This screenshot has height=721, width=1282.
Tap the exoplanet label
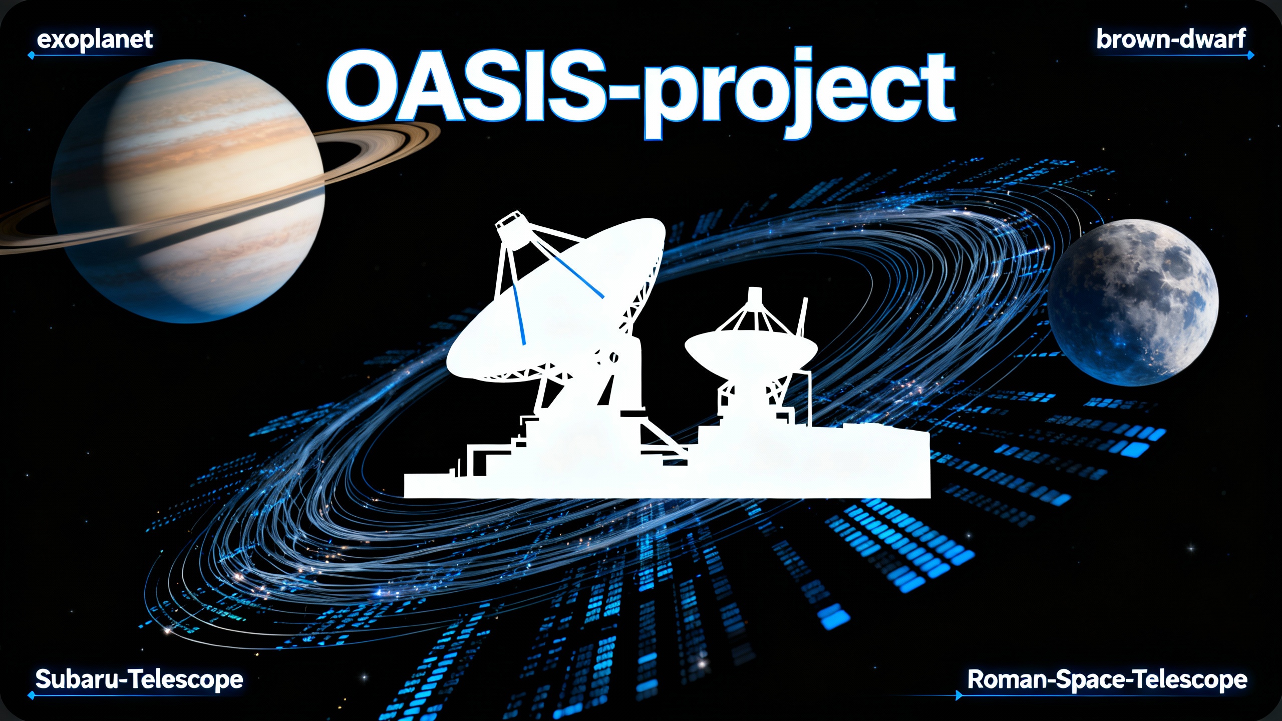coord(95,39)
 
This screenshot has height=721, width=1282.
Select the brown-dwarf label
coord(1171,39)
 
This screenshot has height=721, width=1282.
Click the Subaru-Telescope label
coord(139,679)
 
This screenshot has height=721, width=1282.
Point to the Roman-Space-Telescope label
coord(1107,679)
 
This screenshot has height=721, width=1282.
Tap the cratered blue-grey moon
coord(1133,302)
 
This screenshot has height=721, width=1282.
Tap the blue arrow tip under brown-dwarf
coord(1251,55)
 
